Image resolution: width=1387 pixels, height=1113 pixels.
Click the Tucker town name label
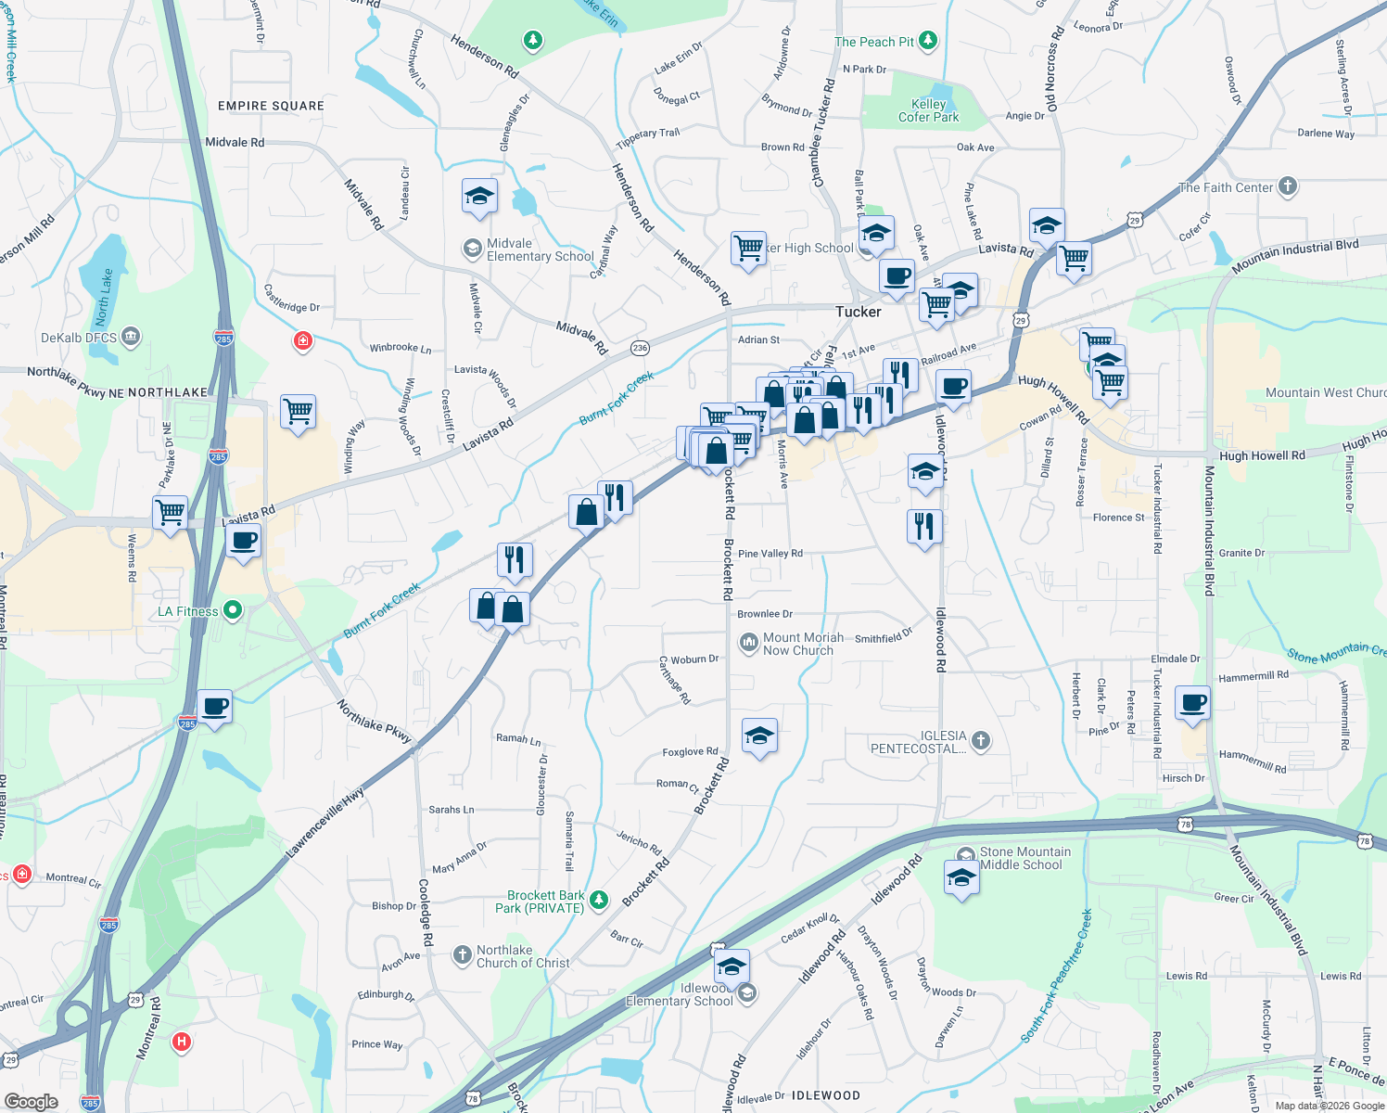[858, 312]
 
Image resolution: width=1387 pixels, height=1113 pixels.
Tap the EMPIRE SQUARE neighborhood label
[271, 106]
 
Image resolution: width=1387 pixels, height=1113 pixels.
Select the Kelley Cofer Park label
[928, 110]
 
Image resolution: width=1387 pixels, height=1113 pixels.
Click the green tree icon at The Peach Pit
[927, 41]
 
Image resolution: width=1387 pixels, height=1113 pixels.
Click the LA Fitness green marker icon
[233, 610]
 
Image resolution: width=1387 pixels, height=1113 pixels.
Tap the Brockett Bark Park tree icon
[599, 899]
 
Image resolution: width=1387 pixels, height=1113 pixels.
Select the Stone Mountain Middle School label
[1024, 858]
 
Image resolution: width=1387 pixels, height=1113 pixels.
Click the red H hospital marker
[182, 1042]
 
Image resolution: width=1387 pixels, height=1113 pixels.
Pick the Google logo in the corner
[31, 1102]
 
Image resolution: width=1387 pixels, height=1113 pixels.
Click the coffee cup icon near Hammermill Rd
[1193, 703]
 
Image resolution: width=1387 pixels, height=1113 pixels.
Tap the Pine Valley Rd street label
[770, 554]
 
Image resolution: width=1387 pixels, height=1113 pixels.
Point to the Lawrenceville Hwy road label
[325, 822]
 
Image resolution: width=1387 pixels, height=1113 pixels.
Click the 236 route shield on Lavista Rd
[640, 348]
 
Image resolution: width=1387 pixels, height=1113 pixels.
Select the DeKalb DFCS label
[79, 338]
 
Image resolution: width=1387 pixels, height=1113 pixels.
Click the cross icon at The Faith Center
[1287, 186]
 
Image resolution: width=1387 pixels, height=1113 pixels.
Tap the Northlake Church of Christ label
[523, 956]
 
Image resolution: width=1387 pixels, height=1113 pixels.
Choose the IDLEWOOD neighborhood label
[825, 1095]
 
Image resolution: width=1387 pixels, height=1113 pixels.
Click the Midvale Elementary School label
[540, 249]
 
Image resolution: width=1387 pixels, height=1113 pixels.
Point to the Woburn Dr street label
[694, 659]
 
